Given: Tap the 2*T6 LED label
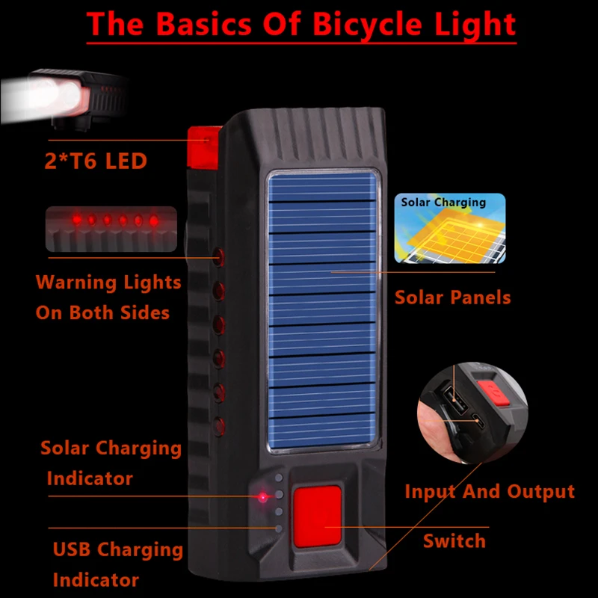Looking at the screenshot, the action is tap(96, 161).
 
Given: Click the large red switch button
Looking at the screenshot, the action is tap(317, 516).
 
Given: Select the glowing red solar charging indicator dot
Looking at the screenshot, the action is tap(263, 497).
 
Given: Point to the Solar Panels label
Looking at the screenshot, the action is tap(452, 298).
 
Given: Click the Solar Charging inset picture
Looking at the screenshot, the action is tap(450, 228).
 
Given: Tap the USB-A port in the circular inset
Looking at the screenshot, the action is tap(456, 400).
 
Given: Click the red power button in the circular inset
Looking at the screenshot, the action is tap(495, 393).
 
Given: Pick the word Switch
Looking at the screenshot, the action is tap(454, 541).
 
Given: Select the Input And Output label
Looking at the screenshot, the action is tap(490, 492).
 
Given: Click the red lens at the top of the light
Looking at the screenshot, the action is tap(203, 148).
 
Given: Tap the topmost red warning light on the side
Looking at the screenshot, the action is tap(218, 256).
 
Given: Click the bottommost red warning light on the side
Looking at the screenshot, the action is tap(218, 426).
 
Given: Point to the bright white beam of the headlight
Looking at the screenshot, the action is tap(38, 99).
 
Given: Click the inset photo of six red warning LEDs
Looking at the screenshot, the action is tap(111, 229).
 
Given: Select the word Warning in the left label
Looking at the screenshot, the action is tap(72, 283).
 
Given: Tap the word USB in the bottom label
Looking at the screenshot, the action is tap(72, 549).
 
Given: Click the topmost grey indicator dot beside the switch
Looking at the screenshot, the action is tap(279, 478).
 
